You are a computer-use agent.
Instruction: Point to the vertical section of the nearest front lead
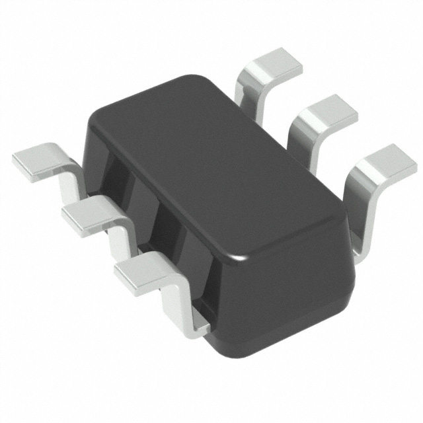[x=177, y=304]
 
